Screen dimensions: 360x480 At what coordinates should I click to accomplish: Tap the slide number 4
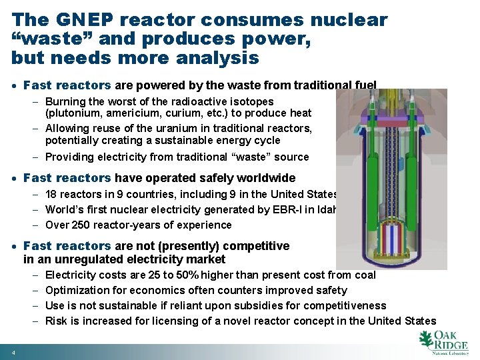13,352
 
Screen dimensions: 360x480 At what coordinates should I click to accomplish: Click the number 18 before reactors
51,194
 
